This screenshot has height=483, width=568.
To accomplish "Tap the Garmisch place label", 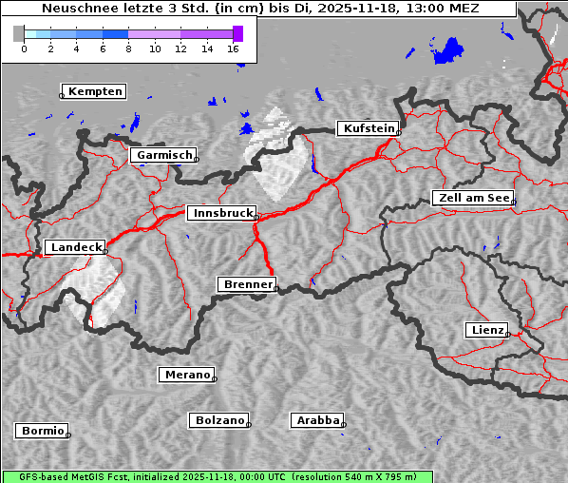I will click(x=164, y=155).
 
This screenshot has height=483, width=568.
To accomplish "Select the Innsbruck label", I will click(x=221, y=214).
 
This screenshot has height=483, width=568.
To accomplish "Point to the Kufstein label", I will click(x=368, y=128).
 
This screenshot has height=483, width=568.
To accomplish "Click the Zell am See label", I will click(x=473, y=198).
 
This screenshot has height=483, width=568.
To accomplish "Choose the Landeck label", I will click(x=75, y=247).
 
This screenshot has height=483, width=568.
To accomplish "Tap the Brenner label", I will click(x=248, y=284).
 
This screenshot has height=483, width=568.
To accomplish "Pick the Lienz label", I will click(x=487, y=330).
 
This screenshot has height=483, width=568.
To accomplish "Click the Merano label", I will click(x=187, y=375).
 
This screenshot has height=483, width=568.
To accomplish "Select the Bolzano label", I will click(x=220, y=420).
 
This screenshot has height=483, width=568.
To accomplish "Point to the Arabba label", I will click(x=317, y=420).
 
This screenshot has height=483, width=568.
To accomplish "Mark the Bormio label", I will click(x=43, y=431).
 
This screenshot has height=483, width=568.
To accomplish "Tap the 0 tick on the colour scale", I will click(x=24, y=48).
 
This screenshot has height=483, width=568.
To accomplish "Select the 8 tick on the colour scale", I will click(x=128, y=48).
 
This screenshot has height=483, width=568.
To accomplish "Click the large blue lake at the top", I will click(x=447, y=51).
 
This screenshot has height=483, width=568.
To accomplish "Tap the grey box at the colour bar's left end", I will click(x=18, y=33).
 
